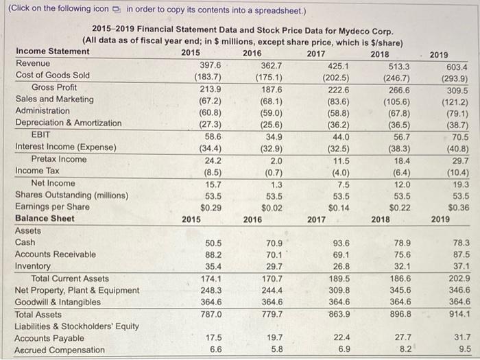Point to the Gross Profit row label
tap(54, 87)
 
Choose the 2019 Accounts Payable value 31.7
tap(459, 338)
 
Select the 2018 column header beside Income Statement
tap(379, 51)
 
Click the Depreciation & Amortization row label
tap(68, 123)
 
